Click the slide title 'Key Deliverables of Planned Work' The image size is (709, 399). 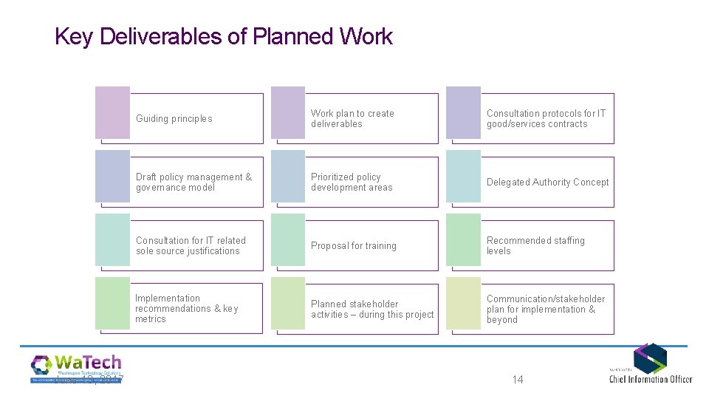[x=224, y=36]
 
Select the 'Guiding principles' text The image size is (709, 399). [x=174, y=119]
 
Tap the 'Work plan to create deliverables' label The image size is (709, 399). [x=352, y=119]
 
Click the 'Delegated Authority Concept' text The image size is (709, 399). [x=547, y=183]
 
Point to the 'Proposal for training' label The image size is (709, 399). [x=353, y=246]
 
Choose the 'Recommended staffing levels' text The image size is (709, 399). [x=535, y=246]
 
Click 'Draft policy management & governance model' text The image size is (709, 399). [x=193, y=183]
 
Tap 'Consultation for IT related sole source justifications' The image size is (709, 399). [x=191, y=246]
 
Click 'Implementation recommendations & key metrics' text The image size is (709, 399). [x=186, y=309]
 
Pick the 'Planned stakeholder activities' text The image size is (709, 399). [x=372, y=310]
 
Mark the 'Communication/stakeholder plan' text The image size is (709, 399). [x=545, y=310]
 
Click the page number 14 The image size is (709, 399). [x=517, y=380]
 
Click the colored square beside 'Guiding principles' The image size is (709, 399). [x=112, y=112]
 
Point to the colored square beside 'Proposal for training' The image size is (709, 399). [x=288, y=240]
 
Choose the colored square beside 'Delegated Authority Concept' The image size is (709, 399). [x=463, y=177]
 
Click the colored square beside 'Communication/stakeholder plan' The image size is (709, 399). [x=463, y=304]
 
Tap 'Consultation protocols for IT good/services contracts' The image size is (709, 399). [x=545, y=119]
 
